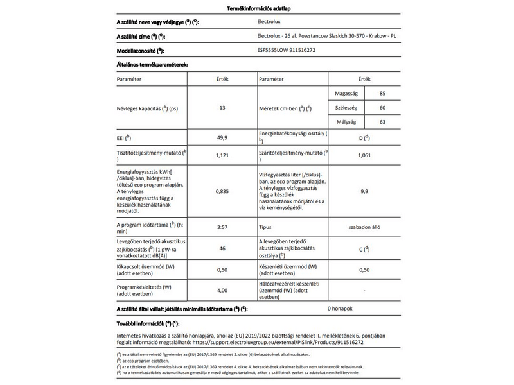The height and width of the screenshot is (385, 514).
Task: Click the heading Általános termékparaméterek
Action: (152, 65)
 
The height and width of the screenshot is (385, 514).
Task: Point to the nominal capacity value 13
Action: (222, 108)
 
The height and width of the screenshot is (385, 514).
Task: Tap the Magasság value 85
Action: (383, 94)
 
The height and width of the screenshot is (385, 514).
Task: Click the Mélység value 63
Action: (383, 122)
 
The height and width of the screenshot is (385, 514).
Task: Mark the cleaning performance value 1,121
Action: (222, 155)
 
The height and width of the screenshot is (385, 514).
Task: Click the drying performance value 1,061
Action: (364, 155)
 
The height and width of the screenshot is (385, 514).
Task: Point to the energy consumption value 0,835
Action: (222, 191)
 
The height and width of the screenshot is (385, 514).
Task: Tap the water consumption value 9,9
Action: (364, 191)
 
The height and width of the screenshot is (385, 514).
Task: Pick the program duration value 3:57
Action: (222, 227)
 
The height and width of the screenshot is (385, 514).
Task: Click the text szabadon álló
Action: (364, 227)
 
